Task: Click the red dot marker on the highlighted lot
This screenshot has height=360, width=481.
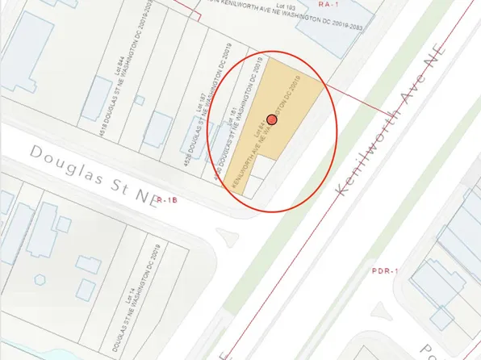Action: pyautogui.click(x=272, y=119)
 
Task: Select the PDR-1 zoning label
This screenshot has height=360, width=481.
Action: pyautogui.click(x=385, y=271)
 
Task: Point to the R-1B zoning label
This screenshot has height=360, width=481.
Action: pyautogui.click(x=167, y=199)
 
